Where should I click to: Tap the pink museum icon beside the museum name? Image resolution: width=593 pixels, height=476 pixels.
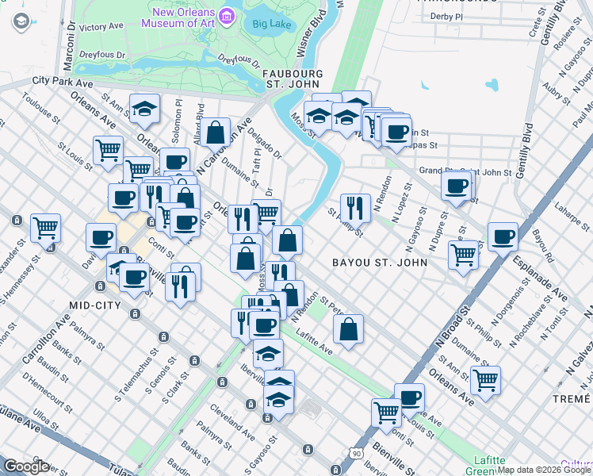click(228, 15)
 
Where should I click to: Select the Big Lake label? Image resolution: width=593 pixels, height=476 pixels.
click(272, 24)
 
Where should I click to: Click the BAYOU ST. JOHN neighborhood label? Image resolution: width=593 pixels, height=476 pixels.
click(379, 262)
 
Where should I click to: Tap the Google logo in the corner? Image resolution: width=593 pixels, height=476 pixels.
click(26, 466)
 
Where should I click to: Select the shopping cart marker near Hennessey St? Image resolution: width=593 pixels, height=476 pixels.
click(45, 227)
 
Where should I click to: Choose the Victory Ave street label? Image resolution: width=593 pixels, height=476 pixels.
click(101, 27)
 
